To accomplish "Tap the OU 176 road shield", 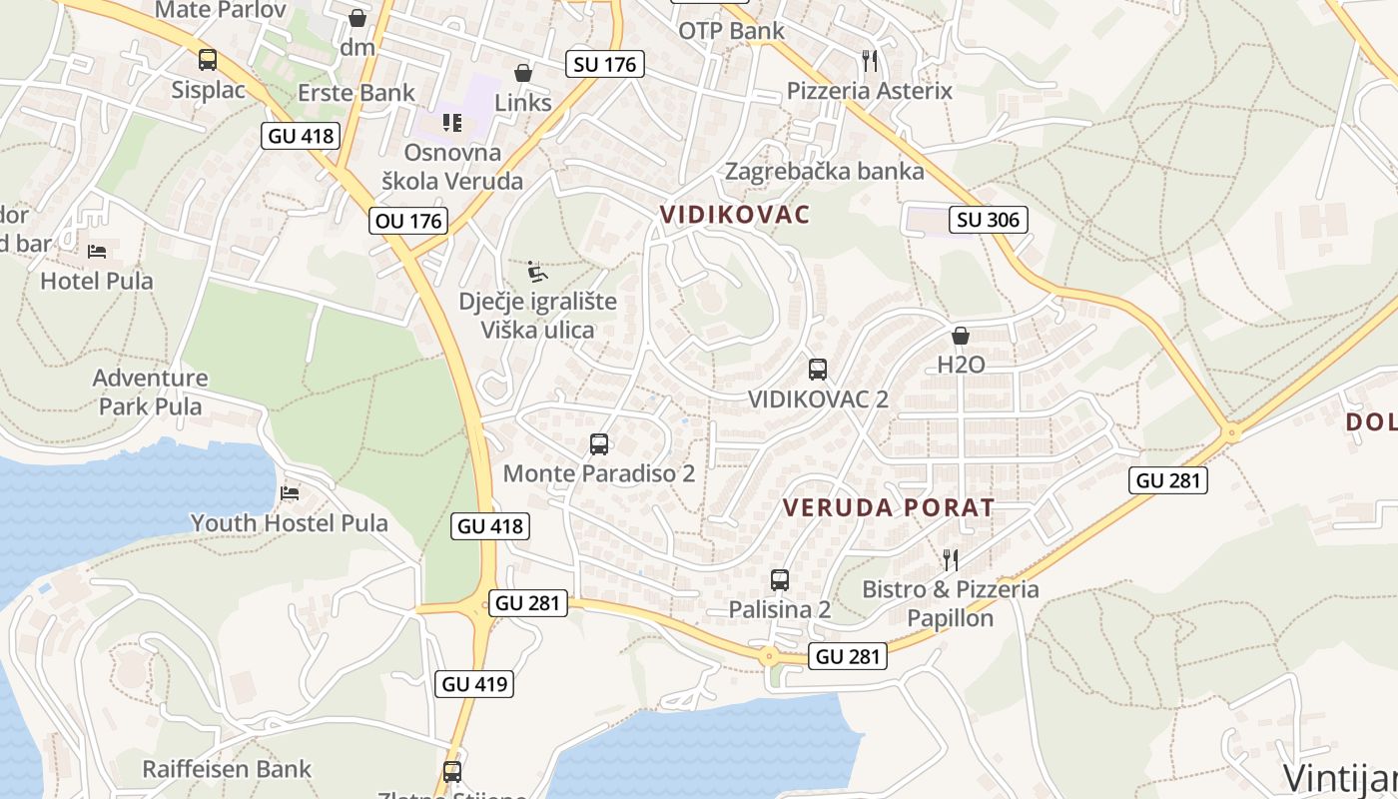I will pos(407,221).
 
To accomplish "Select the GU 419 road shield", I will pos(475,684).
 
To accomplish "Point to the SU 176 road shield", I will pos(605,65).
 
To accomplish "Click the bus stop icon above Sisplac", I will pos(208,60).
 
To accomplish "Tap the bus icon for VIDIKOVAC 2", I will pos(818,370).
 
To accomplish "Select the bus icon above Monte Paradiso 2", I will pos(599,444).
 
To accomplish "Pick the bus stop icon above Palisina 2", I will pos(780,580).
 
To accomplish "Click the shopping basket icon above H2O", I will pos(961,336).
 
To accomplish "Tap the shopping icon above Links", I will pos(522,73).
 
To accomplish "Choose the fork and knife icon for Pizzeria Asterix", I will pos(870,61).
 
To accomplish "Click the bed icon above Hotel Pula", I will pos(97,251).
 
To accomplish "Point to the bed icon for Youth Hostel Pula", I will pos(290,493).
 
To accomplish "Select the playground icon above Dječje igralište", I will pos(537,272).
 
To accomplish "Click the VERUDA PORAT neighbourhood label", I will pos(889,507).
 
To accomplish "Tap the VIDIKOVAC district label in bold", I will pos(735,215).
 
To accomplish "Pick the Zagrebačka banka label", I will pos(825,171).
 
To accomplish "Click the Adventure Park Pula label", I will pos(151,393).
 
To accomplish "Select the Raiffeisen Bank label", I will pos(227,769).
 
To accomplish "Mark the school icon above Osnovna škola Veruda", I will pos(452,123).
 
